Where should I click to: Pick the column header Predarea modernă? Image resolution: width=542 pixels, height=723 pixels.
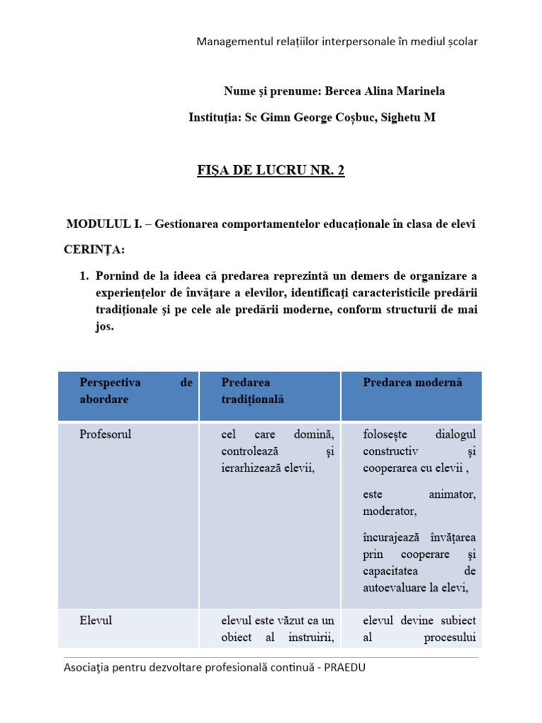tap(412, 382)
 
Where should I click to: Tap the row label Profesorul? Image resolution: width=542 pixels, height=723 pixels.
tap(105, 433)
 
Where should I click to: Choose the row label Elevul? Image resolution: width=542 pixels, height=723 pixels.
tap(96, 621)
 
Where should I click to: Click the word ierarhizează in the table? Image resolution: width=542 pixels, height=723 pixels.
tap(252, 467)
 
